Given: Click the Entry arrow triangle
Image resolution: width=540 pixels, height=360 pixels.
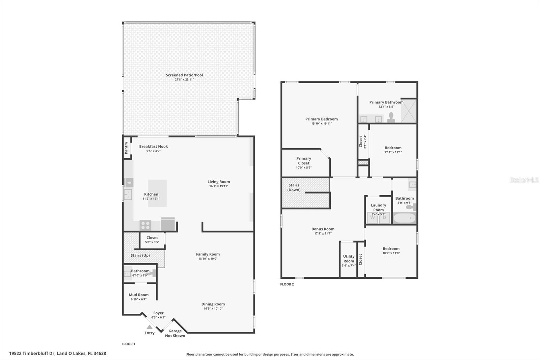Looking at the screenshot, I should [150, 327].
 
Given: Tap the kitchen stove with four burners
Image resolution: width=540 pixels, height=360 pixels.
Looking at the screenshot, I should [145, 225].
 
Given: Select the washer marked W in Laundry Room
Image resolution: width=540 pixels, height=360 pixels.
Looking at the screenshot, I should [373, 217].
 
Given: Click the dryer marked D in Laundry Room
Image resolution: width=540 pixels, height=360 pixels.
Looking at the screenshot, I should [384, 217].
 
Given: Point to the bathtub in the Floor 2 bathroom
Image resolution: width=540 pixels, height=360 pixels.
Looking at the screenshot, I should [404, 218].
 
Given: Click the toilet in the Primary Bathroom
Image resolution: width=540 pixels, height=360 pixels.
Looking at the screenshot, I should [391, 117].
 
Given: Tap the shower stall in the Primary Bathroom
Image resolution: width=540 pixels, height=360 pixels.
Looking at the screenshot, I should [409, 111].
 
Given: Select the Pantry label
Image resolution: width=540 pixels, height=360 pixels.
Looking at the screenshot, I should [127, 148].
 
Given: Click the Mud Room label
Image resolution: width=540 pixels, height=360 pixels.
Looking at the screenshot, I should [139, 295].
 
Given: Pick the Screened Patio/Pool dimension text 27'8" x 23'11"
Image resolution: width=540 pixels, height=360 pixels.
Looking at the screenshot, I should [184, 80].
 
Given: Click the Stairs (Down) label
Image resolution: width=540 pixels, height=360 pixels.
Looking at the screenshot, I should [294, 187].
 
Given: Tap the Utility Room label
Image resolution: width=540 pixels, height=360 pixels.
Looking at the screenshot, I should [349, 259].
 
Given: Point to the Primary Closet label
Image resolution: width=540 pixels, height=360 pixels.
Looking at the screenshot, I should [304, 161].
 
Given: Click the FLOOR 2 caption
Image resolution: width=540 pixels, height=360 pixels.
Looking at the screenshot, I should [287, 284].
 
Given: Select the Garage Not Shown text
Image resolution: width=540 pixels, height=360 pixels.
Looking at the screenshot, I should [175, 333].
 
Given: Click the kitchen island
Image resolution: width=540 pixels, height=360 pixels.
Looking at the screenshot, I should [157, 193].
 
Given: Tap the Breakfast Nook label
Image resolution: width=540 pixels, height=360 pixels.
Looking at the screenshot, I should [154, 147].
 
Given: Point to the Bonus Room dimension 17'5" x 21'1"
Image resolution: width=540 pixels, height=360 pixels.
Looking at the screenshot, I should [323, 233].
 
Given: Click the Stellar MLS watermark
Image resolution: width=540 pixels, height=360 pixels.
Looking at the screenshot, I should [524, 180].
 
